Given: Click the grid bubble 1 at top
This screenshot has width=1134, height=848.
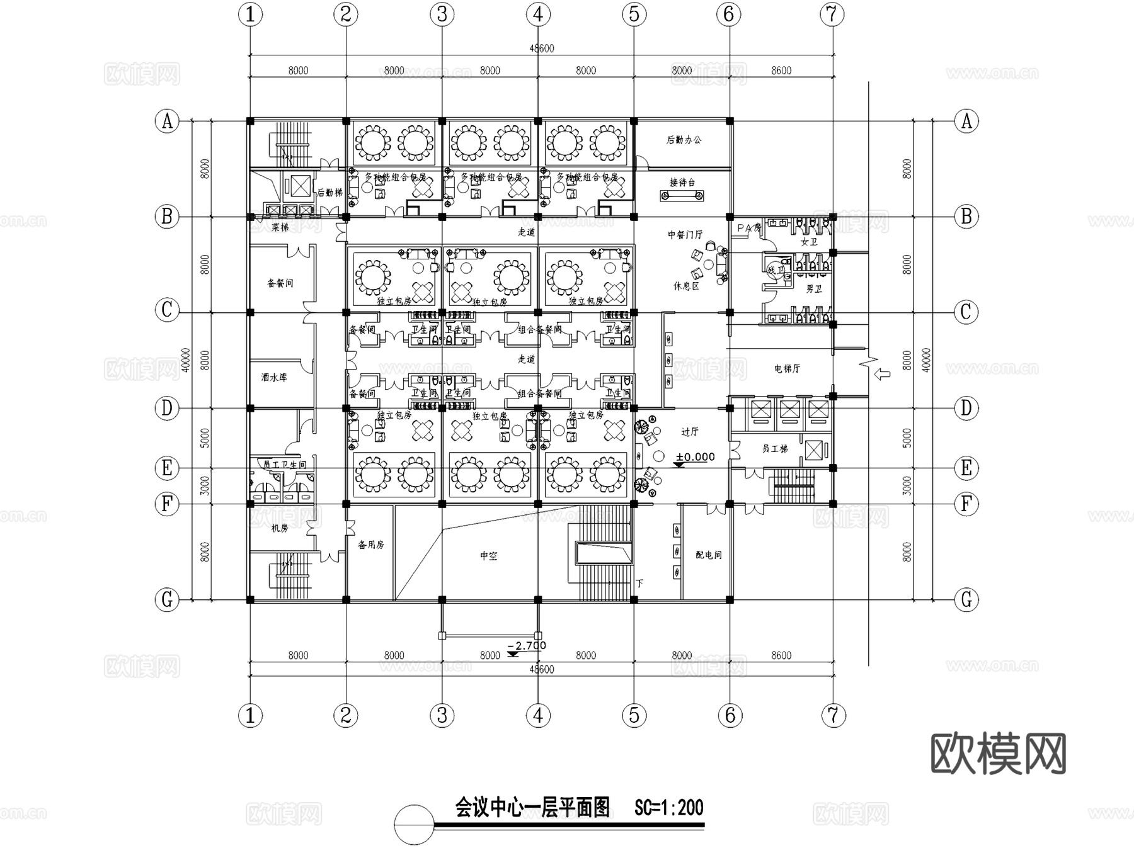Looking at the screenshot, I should click(251, 14).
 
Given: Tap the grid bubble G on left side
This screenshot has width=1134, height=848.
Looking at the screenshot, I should click(167, 599).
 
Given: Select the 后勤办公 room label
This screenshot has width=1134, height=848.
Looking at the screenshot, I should click(684, 140).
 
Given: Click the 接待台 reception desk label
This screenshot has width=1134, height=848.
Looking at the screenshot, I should click(682, 183).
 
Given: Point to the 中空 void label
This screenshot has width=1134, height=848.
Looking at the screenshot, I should click(488, 556).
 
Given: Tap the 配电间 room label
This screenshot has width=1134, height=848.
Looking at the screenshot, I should click(708, 555).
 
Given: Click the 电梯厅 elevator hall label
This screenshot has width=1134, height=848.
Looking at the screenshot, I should click(787, 368).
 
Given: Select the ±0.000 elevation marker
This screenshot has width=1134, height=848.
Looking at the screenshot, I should click(695, 457).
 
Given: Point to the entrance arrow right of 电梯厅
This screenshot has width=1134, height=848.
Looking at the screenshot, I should click(883, 375).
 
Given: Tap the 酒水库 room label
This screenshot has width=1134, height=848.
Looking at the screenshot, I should click(274, 378).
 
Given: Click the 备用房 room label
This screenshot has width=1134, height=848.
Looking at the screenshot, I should click(370, 545).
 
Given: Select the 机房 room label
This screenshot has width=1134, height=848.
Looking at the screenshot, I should click(279, 528).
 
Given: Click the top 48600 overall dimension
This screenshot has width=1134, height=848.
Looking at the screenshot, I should click(541, 48).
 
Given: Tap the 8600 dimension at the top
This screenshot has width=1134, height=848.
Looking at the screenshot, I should click(781, 71).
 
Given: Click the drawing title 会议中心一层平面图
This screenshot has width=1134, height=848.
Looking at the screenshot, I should click(533, 807).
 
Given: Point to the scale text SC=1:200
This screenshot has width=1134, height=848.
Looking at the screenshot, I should click(668, 808).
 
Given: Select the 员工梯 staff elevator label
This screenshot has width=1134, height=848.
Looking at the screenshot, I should click(774, 449).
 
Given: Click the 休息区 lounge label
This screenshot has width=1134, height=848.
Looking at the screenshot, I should click(686, 286).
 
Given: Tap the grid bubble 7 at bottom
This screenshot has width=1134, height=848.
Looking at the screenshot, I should click(833, 715).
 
